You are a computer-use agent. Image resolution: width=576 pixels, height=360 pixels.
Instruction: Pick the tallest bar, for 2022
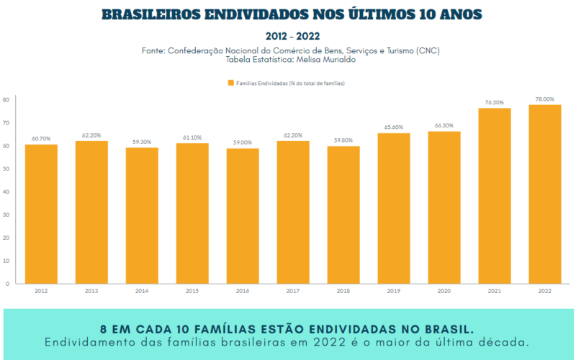click(545, 194)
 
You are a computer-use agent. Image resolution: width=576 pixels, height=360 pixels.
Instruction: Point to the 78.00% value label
click(545, 99)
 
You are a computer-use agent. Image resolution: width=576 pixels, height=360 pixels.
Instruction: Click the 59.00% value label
click(243, 143)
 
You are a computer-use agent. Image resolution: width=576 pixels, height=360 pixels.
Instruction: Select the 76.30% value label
click(495, 103)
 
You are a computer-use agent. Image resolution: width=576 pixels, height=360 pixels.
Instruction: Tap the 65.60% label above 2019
click(394, 127)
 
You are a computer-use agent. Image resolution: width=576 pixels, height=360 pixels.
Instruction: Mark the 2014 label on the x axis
click(142, 291)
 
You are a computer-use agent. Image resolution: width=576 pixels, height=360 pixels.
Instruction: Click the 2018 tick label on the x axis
click(343, 291)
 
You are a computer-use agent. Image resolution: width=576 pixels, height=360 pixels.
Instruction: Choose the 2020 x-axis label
click(444, 291)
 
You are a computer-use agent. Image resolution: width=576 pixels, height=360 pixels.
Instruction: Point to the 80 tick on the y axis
click(6, 99)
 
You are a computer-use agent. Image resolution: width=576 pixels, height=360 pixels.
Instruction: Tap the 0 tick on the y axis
click(7, 284)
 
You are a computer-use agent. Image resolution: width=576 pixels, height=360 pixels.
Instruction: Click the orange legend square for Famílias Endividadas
click(231, 84)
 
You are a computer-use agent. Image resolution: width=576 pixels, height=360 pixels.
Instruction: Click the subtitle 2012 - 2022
click(288, 35)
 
